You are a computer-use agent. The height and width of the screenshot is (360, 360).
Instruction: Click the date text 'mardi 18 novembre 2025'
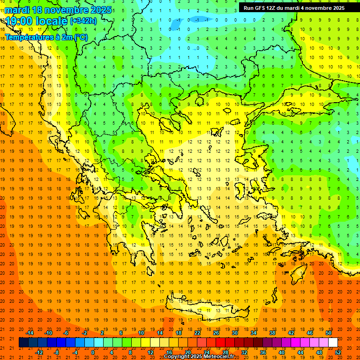pos(58,10)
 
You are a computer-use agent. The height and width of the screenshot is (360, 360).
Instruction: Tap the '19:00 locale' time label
pos(37,21)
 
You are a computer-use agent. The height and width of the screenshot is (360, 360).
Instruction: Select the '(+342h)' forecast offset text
pos(83,21)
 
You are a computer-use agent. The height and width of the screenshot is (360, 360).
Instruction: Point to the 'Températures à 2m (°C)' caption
pos(46,37)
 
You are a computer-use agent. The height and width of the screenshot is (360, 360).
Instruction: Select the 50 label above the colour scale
pos(328,333)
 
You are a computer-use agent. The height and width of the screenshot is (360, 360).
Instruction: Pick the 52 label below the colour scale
pos(338,352)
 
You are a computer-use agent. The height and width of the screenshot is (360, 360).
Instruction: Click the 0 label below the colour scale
pos(93,352)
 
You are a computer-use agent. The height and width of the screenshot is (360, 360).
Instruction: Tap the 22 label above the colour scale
pos(197,333)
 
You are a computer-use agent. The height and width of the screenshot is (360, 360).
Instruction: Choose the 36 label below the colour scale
pos(263,352)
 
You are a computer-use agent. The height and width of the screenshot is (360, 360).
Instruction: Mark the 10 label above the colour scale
pos(141,333)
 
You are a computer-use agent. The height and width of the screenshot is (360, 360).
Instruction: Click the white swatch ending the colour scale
pos(333,343)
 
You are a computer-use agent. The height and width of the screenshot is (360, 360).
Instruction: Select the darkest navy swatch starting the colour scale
pos(24,343)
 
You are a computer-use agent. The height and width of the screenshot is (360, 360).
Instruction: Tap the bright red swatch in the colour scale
pos(220,343)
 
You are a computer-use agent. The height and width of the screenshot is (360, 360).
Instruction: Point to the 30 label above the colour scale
pos(235,333)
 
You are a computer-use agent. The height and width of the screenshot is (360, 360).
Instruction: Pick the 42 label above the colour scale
pos(291,333)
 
